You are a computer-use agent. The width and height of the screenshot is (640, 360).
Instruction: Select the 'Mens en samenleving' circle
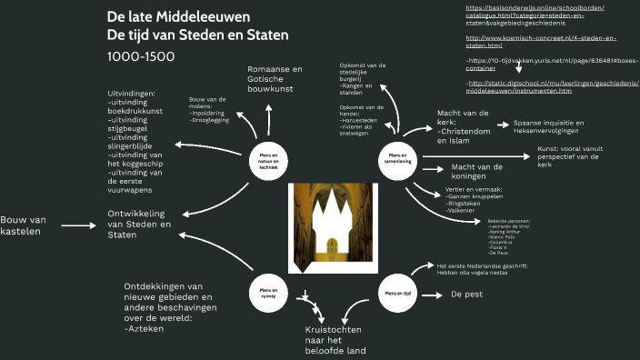(x=397, y=157)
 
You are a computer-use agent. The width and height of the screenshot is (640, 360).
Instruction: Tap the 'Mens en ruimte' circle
(x=268, y=291)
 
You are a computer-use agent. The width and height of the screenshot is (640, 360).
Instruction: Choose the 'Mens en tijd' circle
(x=397, y=294)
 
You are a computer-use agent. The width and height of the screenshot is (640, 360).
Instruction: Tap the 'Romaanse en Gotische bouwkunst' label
(x=275, y=81)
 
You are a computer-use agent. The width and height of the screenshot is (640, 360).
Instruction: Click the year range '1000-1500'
(x=142, y=56)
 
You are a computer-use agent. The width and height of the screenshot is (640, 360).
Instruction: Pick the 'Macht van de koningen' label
(x=477, y=172)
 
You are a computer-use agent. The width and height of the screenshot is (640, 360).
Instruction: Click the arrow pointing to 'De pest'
(x=435, y=295)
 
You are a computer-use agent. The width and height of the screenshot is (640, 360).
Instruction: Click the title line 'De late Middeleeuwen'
(x=179, y=17)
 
